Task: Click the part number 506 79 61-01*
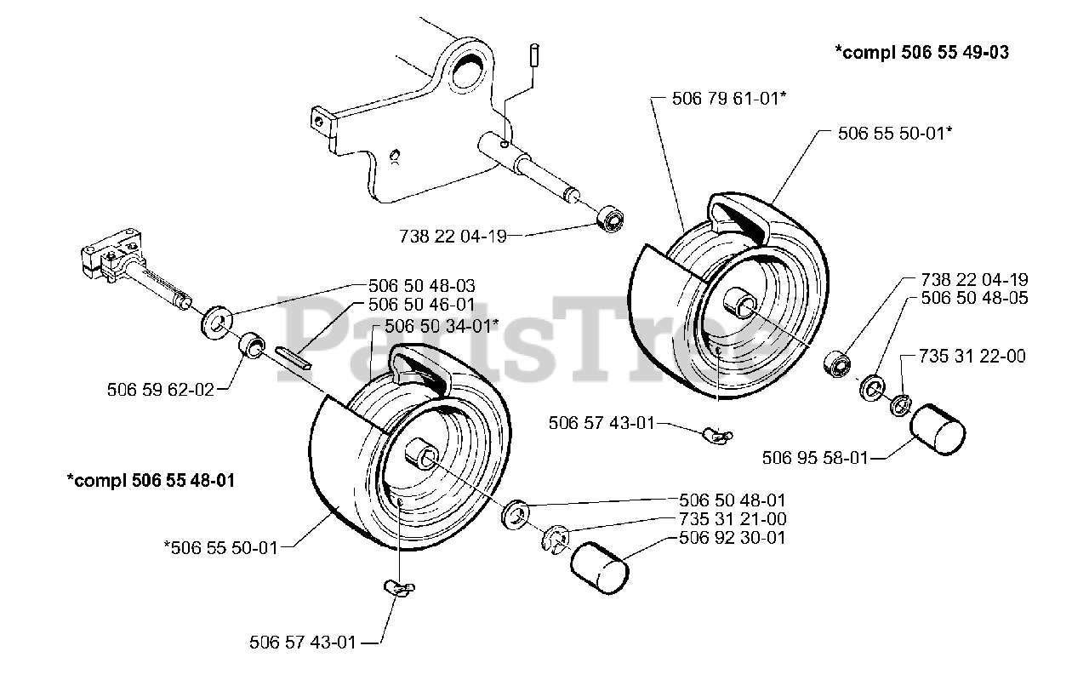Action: [x=728, y=99]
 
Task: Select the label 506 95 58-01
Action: [x=815, y=458]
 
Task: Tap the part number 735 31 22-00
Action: [x=972, y=357]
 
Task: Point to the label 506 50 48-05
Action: [x=974, y=298]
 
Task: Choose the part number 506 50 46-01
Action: [x=421, y=304]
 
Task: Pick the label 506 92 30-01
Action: [x=733, y=538]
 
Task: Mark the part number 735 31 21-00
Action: [x=733, y=519]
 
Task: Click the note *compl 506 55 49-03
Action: [x=922, y=53]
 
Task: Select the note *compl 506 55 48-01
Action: [x=151, y=480]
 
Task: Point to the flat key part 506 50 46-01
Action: [x=294, y=355]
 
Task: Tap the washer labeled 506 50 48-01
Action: [x=516, y=515]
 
